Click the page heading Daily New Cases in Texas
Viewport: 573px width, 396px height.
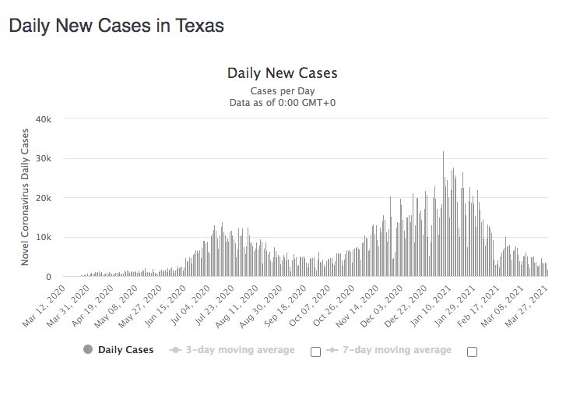pyautogui.click(x=116, y=26)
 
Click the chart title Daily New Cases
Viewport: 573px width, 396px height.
pyautogui.click(x=282, y=73)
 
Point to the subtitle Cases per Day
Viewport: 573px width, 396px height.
pyautogui.click(x=282, y=91)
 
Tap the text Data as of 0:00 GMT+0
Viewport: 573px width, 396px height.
pyautogui.click(x=282, y=102)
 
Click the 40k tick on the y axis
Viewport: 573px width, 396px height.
pyautogui.click(x=44, y=119)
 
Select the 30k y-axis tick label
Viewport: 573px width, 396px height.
pyautogui.click(x=44, y=159)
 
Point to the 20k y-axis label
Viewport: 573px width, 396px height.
pyautogui.click(x=44, y=198)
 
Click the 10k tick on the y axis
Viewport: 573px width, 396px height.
pyautogui.click(x=44, y=237)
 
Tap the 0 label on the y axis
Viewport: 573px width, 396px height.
pyautogui.click(x=48, y=277)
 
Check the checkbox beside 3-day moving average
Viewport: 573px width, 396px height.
pyautogui.click(x=315, y=352)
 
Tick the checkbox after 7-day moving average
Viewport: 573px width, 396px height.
pyautogui.click(x=472, y=352)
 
